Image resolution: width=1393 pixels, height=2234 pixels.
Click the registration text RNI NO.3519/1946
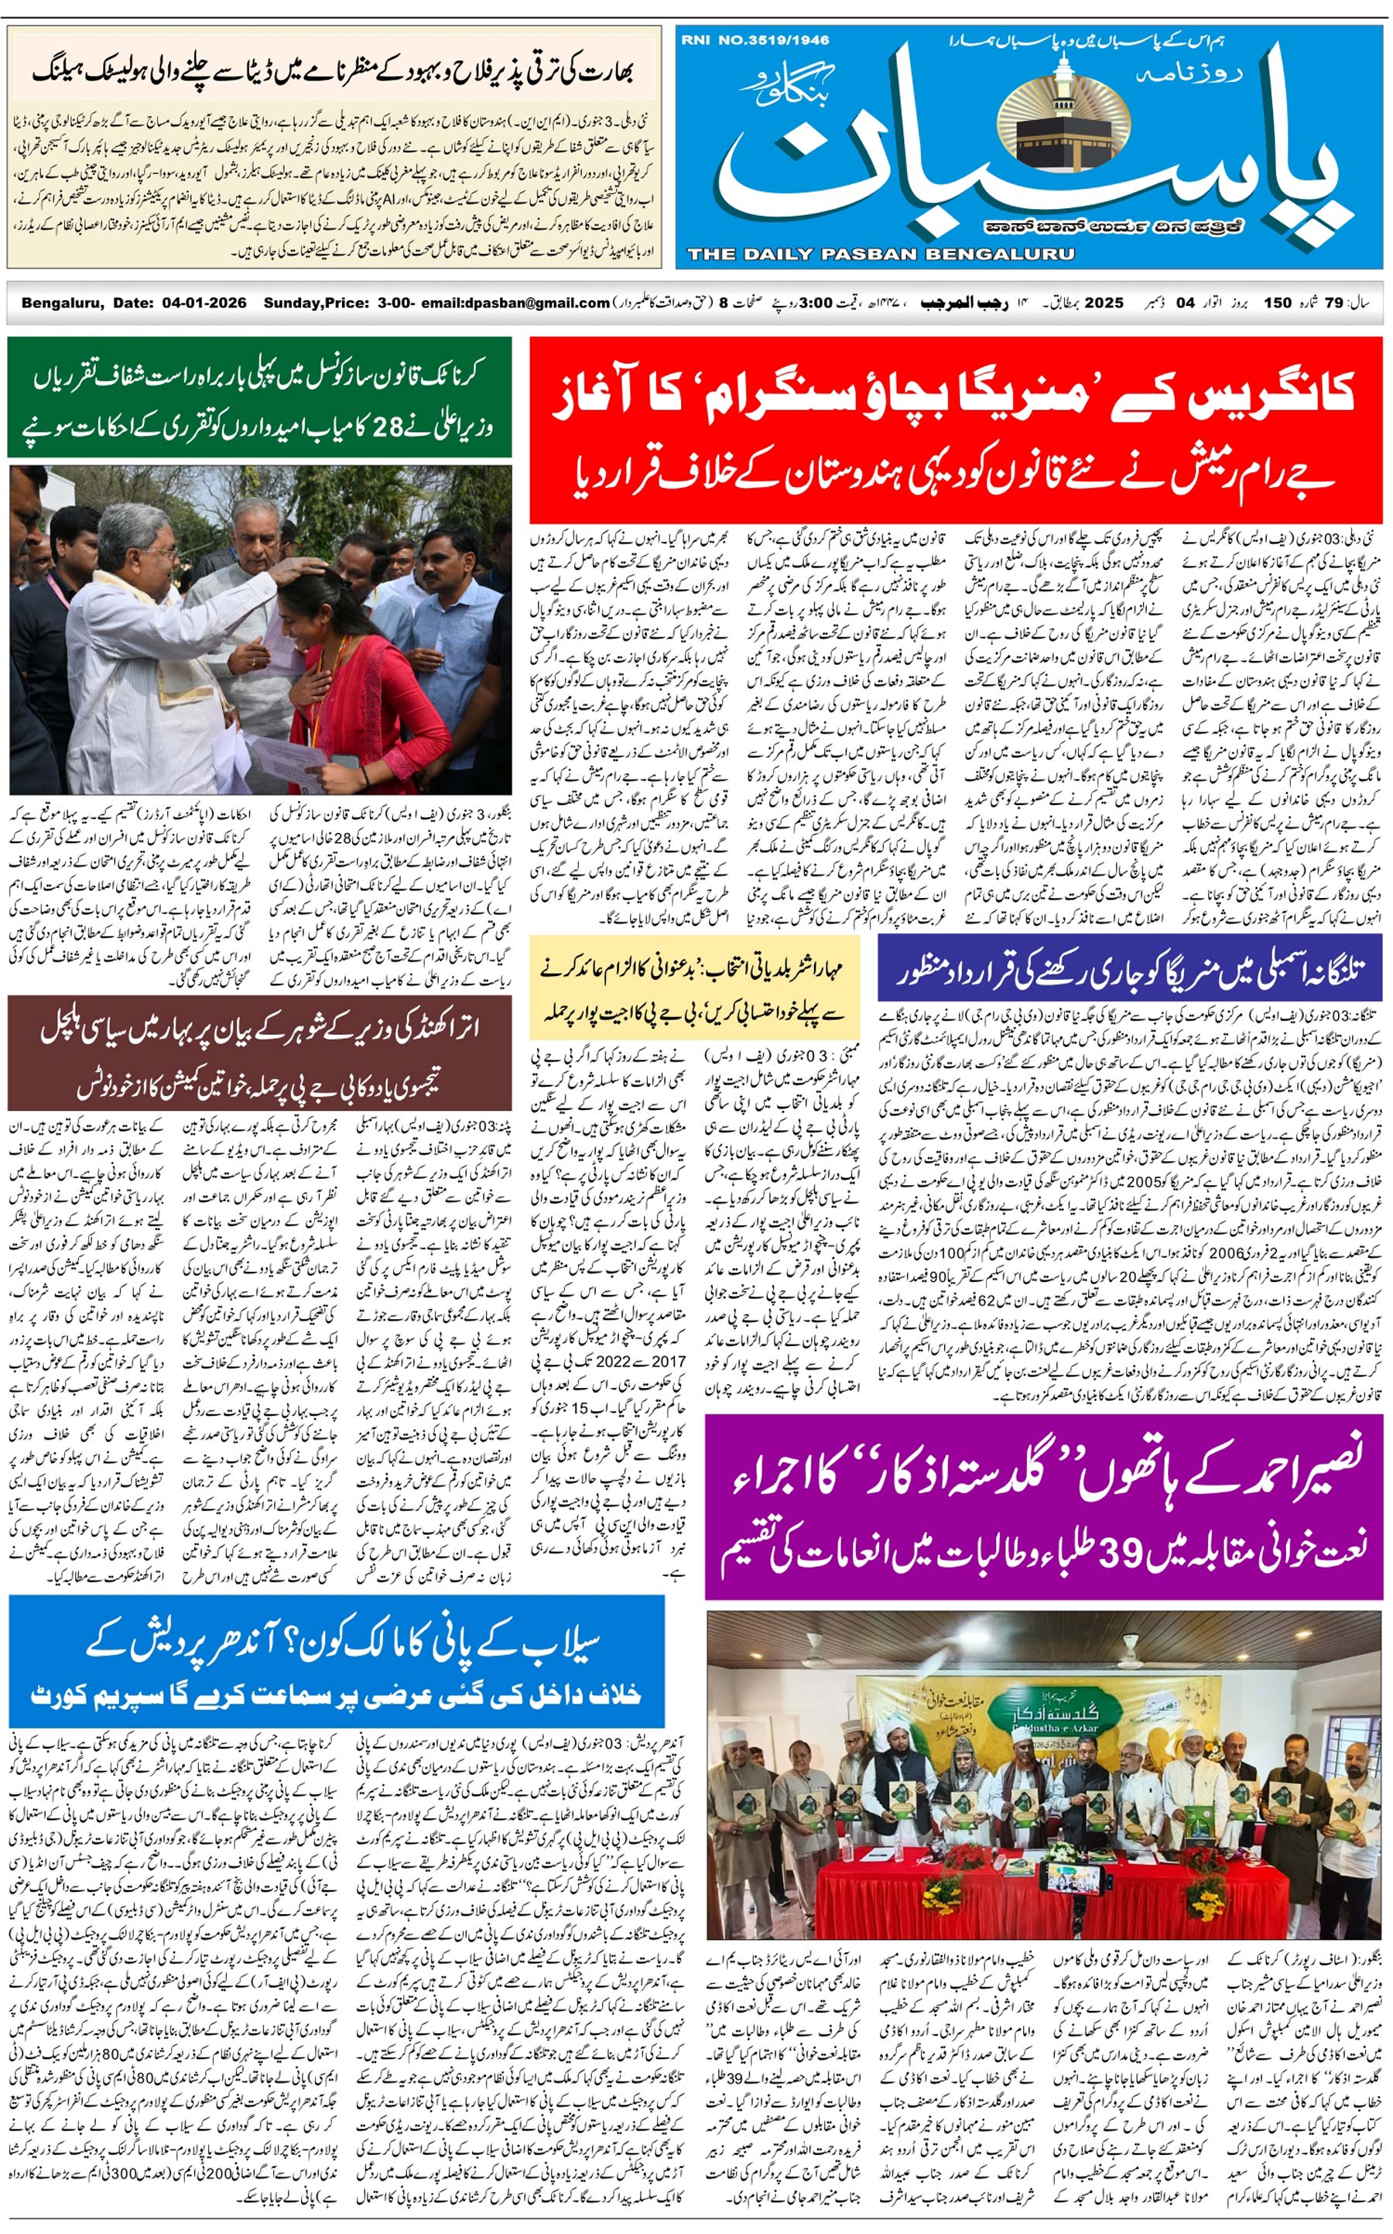click(755, 40)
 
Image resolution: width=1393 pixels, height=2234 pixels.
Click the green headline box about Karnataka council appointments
click(259, 397)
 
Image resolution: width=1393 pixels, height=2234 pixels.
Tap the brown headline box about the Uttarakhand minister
click(259, 1053)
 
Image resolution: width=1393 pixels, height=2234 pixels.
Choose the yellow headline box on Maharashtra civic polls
click(693, 985)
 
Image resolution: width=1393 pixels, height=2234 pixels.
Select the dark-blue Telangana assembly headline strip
click(1130, 968)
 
